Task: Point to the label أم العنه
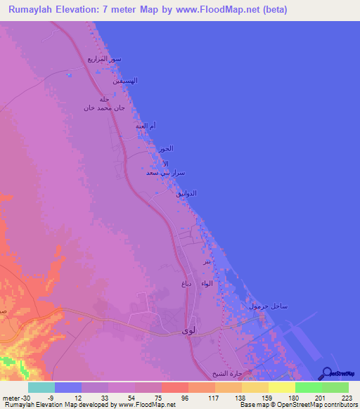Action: point(145,126)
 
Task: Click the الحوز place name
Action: point(165,148)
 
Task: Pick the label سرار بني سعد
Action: point(164,171)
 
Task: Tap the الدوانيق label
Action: point(185,193)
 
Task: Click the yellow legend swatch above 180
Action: point(281,387)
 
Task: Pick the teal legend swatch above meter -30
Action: point(41,387)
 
